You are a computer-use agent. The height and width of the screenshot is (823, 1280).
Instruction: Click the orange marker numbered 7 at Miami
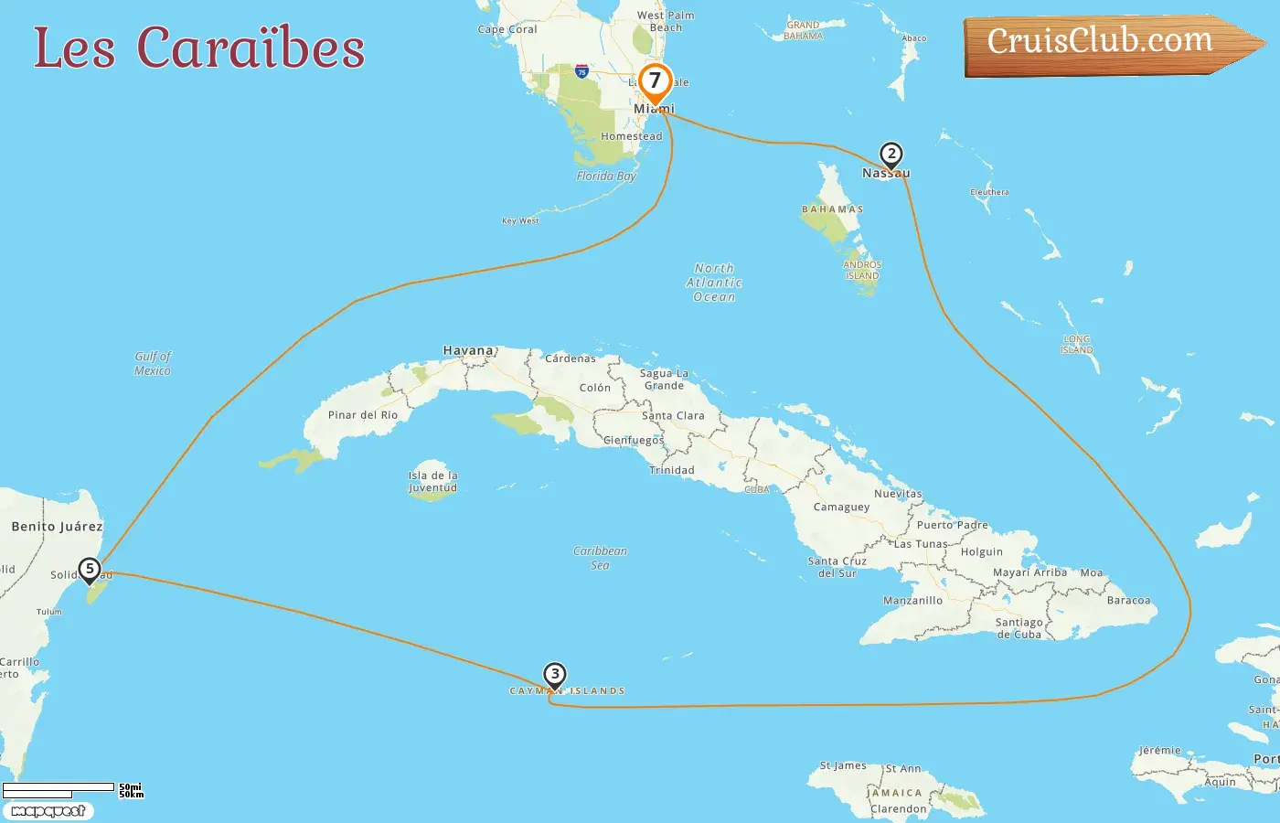[x=655, y=82]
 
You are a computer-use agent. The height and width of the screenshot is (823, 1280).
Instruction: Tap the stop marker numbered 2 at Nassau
[x=891, y=155]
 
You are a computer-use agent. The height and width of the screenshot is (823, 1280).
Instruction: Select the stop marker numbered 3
[x=554, y=675]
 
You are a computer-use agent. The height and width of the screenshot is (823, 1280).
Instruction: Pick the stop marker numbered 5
[x=89, y=570]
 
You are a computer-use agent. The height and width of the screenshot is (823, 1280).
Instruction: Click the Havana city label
[x=468, y=350]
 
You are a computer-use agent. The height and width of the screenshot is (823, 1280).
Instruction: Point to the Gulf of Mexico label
[x=153, y=363]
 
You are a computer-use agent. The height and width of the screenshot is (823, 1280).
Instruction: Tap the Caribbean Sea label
[x=600, y=558]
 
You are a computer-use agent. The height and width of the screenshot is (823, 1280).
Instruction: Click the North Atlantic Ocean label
[x=714, y=283]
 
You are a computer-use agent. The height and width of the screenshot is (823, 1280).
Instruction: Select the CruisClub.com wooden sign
[x=1106, y=43]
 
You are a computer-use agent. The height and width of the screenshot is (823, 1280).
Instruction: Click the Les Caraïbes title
[x=199, y=48]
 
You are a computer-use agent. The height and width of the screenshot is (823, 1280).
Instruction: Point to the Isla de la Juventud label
[x=432, y=482]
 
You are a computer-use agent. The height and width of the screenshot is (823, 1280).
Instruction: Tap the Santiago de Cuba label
[x=1019, y=628]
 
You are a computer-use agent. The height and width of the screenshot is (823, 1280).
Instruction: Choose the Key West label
[x=520, y=220]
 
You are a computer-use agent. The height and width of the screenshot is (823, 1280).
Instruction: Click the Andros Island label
[x=862, y=270]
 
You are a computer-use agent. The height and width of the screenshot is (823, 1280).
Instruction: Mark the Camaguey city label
[x=841, y=507]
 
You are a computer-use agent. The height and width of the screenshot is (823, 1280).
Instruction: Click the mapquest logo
[x=48, y=811]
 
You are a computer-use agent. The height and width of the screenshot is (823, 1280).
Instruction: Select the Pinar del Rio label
[x=363, y=415]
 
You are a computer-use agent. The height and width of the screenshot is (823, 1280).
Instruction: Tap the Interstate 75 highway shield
[x=581, y=71]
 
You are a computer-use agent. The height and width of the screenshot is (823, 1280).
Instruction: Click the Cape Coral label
[x=507, y=29]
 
